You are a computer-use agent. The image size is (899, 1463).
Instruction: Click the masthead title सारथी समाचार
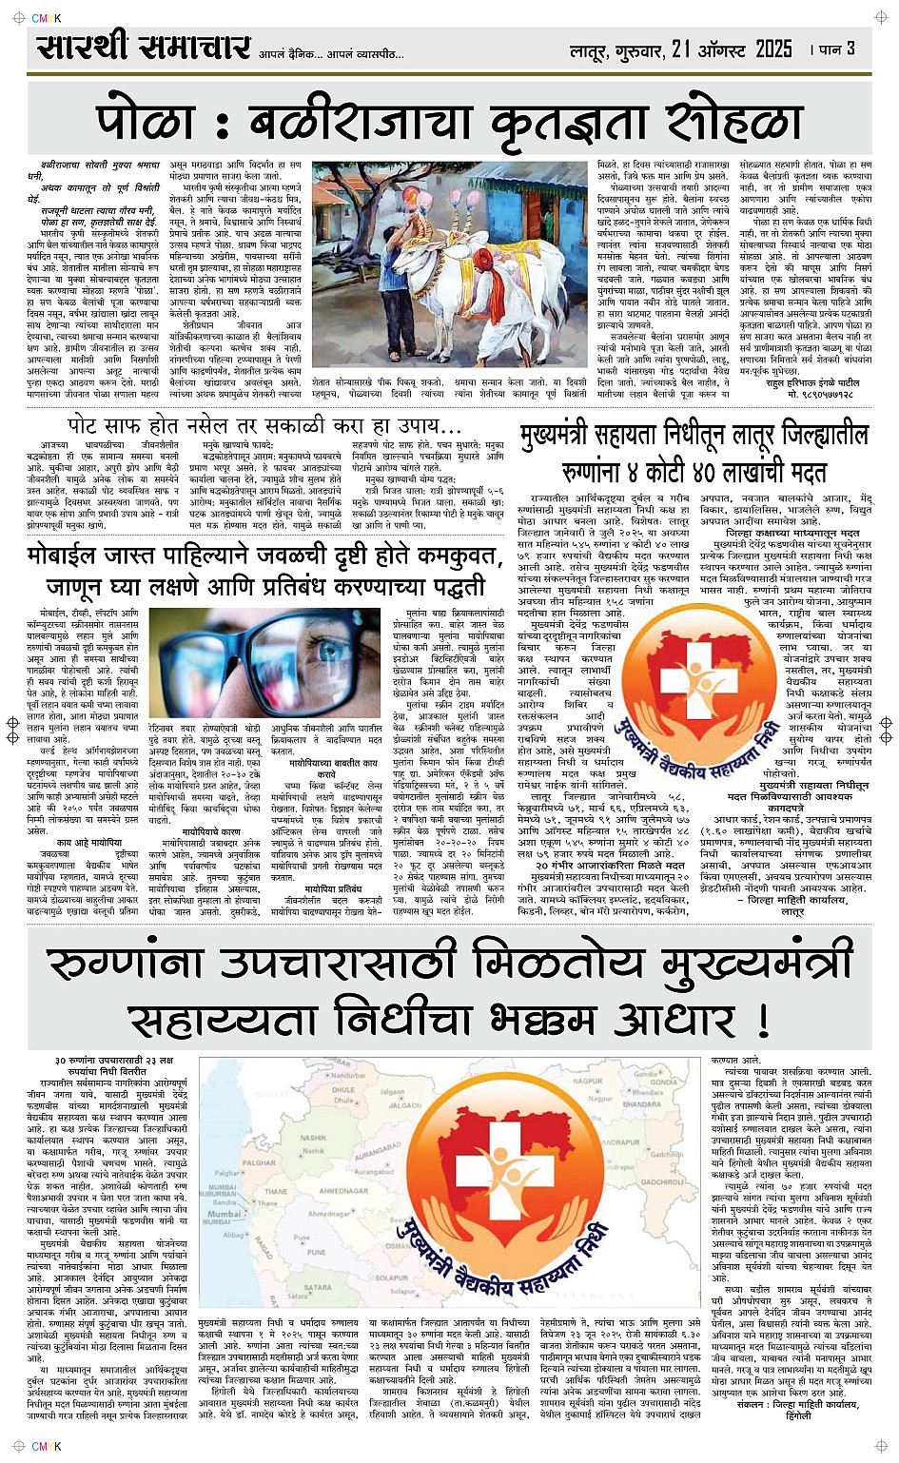click(x=144, y=48)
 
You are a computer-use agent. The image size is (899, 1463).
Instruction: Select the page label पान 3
click(x=836, y=49)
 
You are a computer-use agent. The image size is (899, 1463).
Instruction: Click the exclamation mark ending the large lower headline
click(x=761, y=1019)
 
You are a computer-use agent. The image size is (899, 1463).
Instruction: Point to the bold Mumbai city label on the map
click(x=224, y=1215)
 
